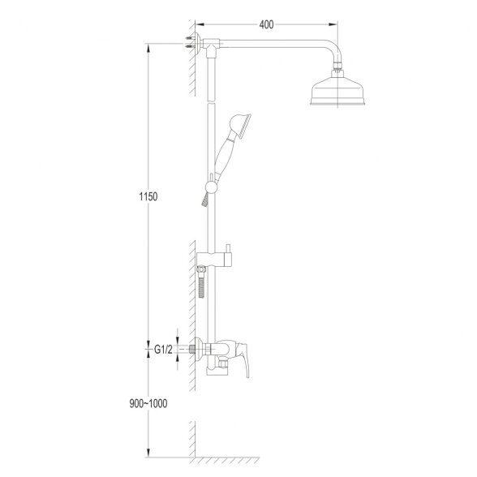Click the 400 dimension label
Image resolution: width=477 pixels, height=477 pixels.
point(266,24)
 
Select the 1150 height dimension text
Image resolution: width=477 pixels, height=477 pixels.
point(148,197)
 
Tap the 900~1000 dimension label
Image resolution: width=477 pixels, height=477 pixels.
point(148,404)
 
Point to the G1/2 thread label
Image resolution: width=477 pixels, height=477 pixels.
point(163,350)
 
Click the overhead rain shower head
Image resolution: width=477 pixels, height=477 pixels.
point(337,90)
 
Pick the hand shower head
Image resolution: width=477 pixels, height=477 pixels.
point(240,125)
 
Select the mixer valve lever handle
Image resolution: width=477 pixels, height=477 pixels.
point(244,358)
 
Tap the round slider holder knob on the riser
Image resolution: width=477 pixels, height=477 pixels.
point(211,187)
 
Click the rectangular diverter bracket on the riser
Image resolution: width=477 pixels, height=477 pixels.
point(214,260)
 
